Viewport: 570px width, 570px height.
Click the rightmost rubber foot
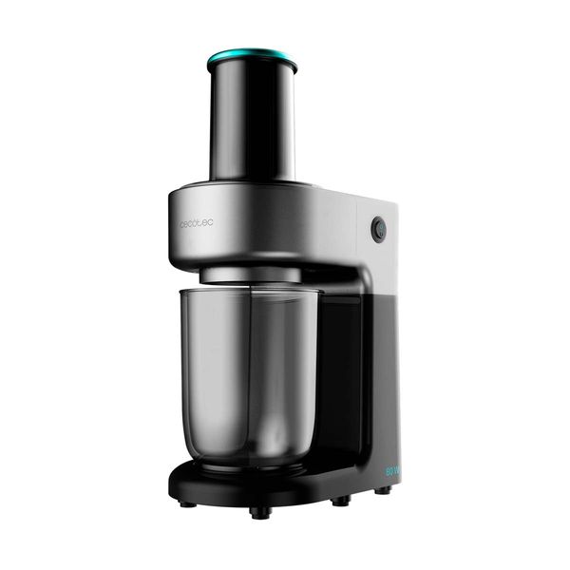tap(382, 491)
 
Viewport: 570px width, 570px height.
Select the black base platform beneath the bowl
tap(275, 480)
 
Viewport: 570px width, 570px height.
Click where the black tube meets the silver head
tap(252, 183)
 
